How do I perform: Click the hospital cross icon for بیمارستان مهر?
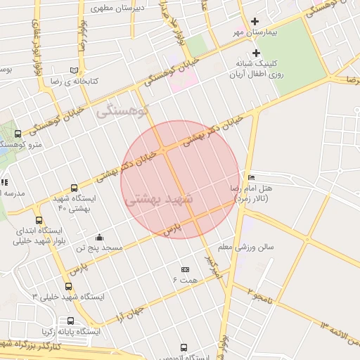(x=255, y=21)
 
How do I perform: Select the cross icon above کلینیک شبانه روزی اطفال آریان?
(x=255, y=53)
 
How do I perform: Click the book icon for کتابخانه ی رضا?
(x=74, y=70)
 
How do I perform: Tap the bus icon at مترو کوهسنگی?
(x=18, y=133)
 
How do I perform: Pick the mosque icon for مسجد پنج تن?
(x=99, y=237)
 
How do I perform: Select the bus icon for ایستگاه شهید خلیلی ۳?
(x=68, y=286)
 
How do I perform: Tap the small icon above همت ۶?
(x=186, y=269)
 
